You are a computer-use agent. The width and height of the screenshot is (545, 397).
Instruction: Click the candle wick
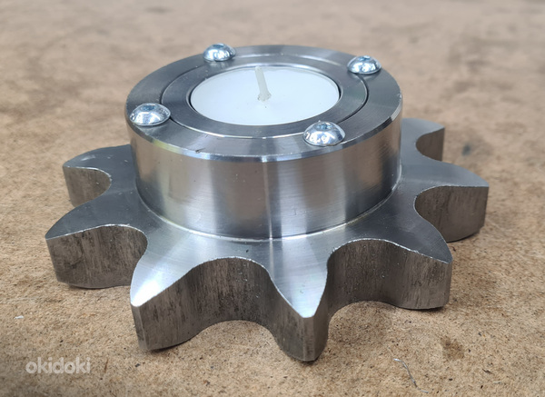(263, 84)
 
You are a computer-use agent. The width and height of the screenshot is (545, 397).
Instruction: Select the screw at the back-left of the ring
(219, 52)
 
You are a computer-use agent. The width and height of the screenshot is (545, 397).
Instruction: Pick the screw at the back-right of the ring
(364, 65)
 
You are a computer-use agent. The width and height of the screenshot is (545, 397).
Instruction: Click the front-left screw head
(150, 114)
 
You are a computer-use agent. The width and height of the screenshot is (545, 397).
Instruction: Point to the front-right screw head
(324, 134)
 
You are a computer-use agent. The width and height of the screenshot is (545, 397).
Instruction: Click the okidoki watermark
(58, 365)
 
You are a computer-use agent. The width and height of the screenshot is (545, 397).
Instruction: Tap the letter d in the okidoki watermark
(59, 365)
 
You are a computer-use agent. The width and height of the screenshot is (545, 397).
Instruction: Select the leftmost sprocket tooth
(84, 253)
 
